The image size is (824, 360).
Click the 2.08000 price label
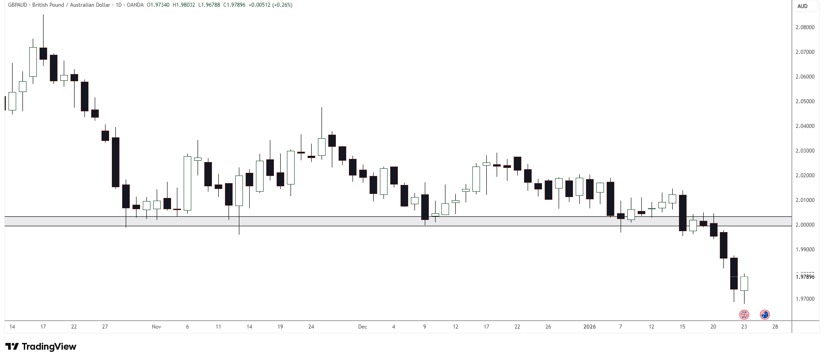[805, 27]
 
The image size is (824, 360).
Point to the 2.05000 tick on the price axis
[805, 101]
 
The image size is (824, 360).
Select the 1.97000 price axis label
[805, 299]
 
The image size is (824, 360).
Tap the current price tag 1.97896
[805, 277]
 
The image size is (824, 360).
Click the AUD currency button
[802, 6]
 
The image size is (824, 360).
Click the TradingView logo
[41, 347]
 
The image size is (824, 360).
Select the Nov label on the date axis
[156, 327]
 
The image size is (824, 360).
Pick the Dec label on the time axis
[362, 327]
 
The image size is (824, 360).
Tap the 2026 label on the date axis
[589, 327]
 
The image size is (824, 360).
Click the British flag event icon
[744, 315]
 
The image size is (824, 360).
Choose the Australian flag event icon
[765, 315]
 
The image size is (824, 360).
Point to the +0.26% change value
[282, 5]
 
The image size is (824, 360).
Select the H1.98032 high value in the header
[184, 5]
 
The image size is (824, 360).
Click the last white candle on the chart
[744, 284]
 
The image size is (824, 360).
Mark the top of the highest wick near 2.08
[43, 15]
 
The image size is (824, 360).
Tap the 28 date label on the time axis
[775, 327]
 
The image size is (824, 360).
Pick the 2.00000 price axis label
[805, 225]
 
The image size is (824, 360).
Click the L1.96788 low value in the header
[209, 5]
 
